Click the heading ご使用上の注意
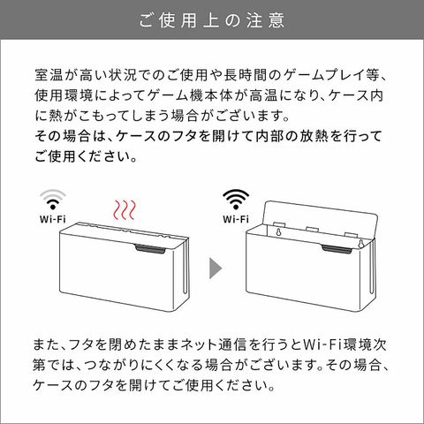click(212, 20)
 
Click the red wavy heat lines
click(125, 210)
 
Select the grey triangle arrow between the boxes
click(216, 268)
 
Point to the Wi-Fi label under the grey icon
click(53, 219)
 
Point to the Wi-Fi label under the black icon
click(236, 219)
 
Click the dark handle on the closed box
click(151, 249)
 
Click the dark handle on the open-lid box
click(337, 249)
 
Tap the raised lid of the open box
click(321, 218)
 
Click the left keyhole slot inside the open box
click(278, 232)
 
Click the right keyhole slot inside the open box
click(360, 244)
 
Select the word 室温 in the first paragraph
click(49, 75)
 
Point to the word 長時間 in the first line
click(246, 75)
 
